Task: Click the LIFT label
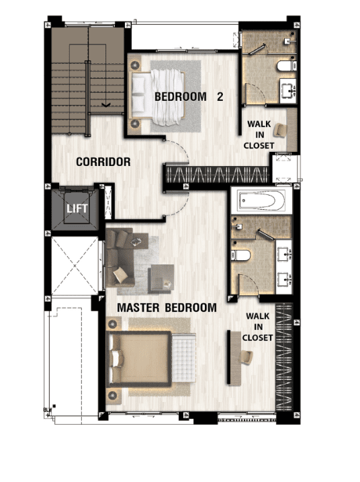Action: click(77, 208)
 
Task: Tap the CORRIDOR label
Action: click(103, 162)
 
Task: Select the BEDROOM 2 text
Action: click(189, 97)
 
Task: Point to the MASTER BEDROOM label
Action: click(167, 308)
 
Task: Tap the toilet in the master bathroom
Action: click(240, 255)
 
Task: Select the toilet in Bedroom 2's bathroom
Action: click(287, 66)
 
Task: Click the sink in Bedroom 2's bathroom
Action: click(288, 91)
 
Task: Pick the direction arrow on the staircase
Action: click(106, 105)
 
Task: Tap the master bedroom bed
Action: click(138, 359)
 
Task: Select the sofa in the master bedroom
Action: click(120, 257)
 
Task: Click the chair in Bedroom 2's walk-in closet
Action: click(280, 130)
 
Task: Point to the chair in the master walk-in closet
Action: click(246, 358)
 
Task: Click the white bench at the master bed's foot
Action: click(183, 357)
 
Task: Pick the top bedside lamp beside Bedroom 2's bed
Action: click(135, 65)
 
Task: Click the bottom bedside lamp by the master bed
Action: click(112, 395)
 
